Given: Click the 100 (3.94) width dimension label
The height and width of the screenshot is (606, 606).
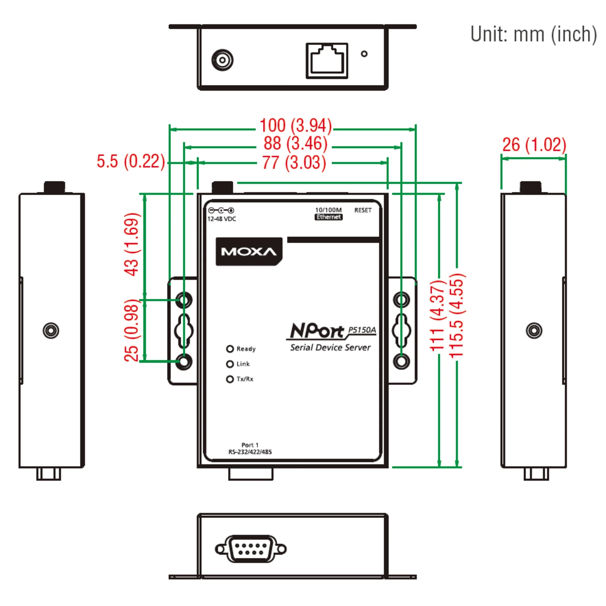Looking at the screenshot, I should coord(295,126).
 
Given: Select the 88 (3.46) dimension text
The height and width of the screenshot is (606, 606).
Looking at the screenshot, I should coord(295,143).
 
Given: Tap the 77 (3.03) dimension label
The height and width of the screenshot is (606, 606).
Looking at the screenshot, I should coord(294,163).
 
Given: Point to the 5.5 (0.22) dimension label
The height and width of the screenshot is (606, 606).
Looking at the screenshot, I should coord(131,161).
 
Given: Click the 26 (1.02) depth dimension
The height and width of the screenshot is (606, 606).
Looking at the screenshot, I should coord(534,145).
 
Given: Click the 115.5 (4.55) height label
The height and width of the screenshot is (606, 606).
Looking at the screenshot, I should coord(457,316).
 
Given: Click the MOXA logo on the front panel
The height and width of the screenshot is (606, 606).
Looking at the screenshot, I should coord(249,252).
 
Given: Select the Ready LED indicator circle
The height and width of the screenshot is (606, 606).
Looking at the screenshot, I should coord(230,349).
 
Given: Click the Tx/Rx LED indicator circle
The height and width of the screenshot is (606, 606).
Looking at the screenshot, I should coord(230,379).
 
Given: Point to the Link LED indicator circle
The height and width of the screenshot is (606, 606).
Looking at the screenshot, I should coord(230,364).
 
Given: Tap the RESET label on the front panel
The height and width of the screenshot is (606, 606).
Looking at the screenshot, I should coord(363,210).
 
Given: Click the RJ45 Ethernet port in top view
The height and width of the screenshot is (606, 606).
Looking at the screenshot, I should coord(327,61).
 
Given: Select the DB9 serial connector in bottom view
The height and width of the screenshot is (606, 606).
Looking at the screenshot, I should coord(251,549).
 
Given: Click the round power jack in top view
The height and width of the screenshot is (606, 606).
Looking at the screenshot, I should coord(222,60).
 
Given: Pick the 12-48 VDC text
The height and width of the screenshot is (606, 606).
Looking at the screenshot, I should coord(222,219).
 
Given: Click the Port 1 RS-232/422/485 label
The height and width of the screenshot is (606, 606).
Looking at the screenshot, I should coord(250,448).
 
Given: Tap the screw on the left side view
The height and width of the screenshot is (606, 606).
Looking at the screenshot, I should coord(51,330).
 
